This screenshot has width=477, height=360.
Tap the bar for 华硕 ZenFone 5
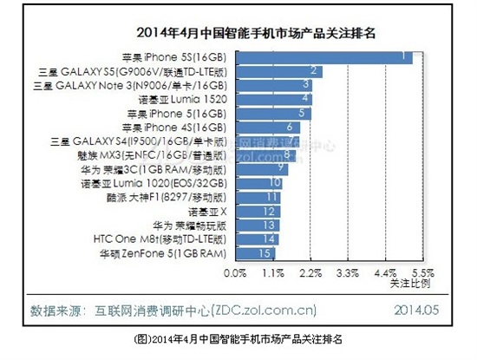tap(255, 252)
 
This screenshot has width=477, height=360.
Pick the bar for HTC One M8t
tap(257, 239)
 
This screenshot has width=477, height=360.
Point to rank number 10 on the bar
tap(275, 182)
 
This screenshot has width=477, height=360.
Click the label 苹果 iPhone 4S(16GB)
tap(178, 127)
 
